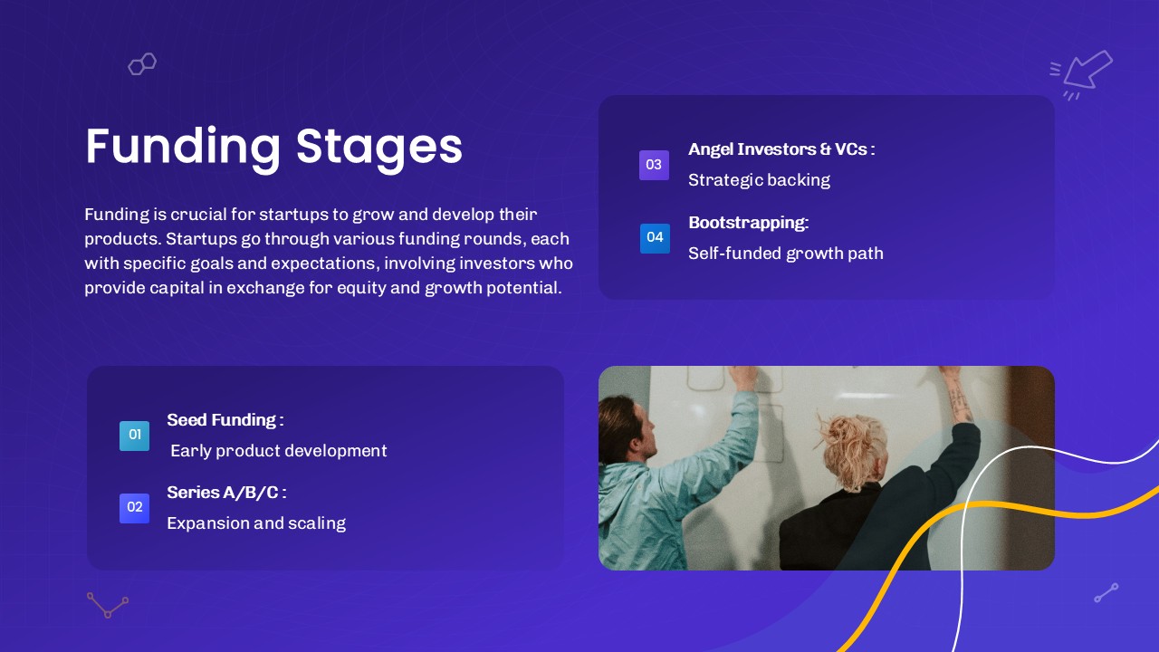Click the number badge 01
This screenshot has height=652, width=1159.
(x=135, y=436)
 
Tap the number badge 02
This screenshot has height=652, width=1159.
(x=135, y=508)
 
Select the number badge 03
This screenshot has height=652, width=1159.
(x=654, y=165)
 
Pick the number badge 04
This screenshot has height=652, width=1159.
(x=655, y=238)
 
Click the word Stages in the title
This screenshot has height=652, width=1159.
(x=378, y=148)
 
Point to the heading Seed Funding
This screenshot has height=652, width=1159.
(x=225, y=419)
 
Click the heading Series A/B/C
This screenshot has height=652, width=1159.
(x=226, y=492)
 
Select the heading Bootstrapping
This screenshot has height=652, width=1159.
(x=748, y=223)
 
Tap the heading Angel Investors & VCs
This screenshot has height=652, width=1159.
(x=781, y=149)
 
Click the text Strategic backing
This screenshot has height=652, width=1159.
(x=759, y=180)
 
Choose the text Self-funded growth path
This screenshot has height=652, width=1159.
(x=785, y=254)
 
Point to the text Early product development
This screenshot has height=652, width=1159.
(x=278, y=451)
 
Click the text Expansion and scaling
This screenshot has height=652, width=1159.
(x=256, y=523)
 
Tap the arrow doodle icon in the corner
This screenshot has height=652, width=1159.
(x=1081, y=73)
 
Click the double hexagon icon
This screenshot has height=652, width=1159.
(x=142, y=64)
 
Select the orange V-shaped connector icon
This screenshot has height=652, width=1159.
(x=108, y=606)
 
